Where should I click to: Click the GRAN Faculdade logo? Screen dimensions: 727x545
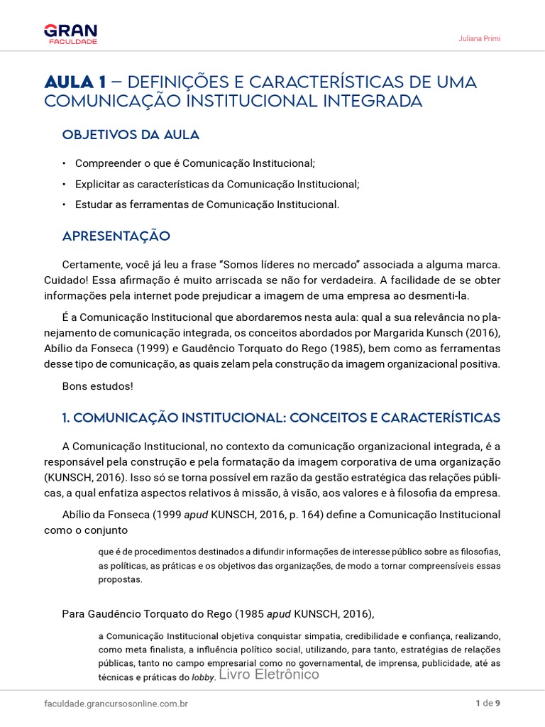pos(70,33)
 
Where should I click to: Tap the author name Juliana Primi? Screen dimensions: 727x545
pos(479,38)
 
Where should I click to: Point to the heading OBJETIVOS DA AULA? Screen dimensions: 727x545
pos(131,134)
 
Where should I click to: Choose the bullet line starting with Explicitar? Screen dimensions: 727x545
pos(217,184)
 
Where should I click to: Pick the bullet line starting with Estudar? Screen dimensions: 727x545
pos(207,204)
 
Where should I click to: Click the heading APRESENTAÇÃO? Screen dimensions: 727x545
pos(116,235)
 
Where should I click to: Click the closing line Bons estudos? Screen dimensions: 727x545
pos(97,386)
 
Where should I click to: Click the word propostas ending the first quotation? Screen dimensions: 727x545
pos(120,579)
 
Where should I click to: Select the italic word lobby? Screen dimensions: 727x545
pos(203,677)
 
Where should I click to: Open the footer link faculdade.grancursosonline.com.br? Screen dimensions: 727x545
pos(115,704)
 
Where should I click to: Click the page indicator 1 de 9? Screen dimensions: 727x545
pos(488,704)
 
